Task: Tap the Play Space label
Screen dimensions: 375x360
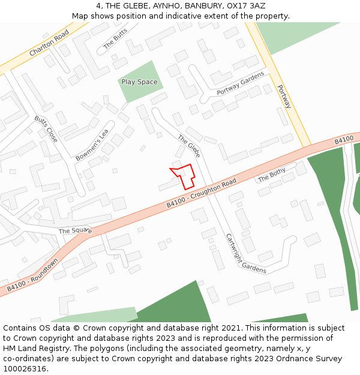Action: tap(139, 82)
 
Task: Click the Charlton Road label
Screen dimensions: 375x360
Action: tap(49, 44)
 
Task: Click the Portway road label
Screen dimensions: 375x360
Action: tap(284, 96)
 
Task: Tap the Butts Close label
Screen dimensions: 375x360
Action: tap(46, 128)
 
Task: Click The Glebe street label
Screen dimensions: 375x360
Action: tap(188, 146)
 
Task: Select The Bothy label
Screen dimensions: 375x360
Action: tap(271, 175)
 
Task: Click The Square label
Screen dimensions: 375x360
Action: tap(75, 230)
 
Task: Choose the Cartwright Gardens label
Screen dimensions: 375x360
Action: tap(246, 253)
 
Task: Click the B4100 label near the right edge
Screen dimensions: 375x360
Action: tap(344, 140)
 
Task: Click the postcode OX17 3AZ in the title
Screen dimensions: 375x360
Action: tap(244, 5)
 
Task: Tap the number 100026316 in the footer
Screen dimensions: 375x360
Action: tap(25, 368)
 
